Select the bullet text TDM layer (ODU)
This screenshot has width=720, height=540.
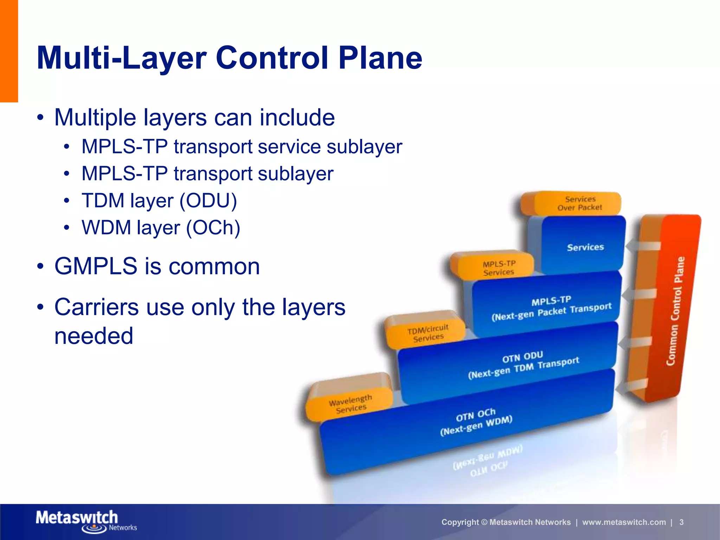click(159, 201)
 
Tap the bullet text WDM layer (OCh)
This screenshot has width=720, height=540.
click(161, 228)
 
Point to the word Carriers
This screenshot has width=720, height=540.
click(96, 307)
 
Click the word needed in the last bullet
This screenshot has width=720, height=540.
click(94, 336)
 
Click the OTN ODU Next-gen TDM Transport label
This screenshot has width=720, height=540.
click(523, 365)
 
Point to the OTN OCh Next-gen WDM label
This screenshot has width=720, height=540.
click(476, 422)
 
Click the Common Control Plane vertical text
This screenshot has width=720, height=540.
click(676, 311)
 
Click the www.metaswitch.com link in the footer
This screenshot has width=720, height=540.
click(624, 522)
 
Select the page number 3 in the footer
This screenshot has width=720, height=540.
click(681, 522)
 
